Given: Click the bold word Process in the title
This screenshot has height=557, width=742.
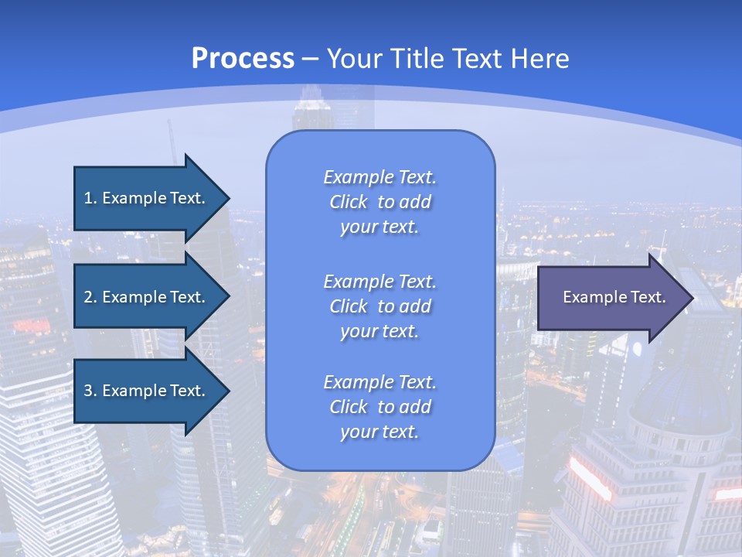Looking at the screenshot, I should coord(243,59).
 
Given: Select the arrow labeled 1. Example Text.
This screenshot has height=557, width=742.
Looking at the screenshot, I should coord(147,198).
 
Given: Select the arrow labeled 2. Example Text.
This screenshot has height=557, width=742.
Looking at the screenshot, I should coord(147,297).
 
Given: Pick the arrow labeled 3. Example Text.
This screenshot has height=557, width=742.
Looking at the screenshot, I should coord(147,391).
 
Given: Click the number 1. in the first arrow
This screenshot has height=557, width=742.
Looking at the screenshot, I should coord(90,198).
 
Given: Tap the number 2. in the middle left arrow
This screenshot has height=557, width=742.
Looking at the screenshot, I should coord(90,297).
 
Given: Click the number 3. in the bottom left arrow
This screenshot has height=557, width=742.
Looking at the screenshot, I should coord(90,391).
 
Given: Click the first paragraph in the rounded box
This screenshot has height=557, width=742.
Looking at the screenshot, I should coord(380,202).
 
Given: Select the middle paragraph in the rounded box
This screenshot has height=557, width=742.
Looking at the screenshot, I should coord(380,306).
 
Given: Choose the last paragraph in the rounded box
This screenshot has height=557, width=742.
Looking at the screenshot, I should coord(380,407).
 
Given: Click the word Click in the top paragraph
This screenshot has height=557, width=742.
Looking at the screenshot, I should coord(349,202).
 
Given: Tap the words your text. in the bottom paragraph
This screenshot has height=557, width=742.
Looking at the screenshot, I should coord(380,432).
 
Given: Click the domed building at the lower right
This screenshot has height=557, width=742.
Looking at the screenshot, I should coord(680,402).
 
